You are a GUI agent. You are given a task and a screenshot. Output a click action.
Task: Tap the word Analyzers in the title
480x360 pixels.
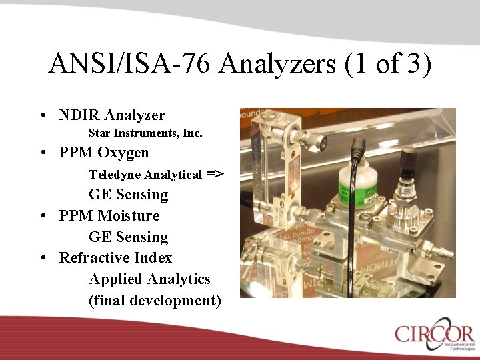click(277, 64)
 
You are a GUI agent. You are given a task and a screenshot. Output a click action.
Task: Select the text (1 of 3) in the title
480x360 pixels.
click(389, 64)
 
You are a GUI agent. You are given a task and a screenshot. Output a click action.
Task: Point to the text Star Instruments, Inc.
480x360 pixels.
click(145, 133)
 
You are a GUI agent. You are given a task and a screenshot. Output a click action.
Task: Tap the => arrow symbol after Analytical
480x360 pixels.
click(215, 174)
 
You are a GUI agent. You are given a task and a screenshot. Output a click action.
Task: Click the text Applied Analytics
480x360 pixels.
click(149, 279)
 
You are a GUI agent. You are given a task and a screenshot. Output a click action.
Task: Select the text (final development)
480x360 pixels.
click(155, 301)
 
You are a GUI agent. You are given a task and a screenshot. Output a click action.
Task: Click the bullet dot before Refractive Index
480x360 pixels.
click(43, 259)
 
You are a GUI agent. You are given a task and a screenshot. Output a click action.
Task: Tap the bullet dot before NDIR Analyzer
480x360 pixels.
click(43, 116)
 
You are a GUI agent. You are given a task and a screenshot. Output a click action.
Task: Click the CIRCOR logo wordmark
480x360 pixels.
click(433, 333)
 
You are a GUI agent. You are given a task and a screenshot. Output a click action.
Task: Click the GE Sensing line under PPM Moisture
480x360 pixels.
click(129, 237)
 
